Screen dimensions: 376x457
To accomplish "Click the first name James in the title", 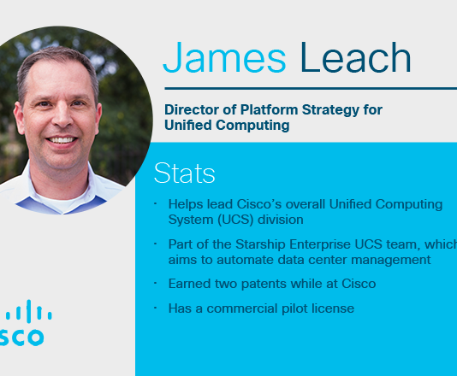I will click(223, 58).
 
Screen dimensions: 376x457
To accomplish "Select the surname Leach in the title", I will click(355, 58).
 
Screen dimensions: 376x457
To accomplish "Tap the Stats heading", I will click(184, 173).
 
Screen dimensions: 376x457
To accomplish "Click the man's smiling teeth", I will click(61, 138).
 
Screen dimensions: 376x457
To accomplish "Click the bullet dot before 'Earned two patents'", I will click(156, 283).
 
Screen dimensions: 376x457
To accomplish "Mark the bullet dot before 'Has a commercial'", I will click(156, 307).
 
